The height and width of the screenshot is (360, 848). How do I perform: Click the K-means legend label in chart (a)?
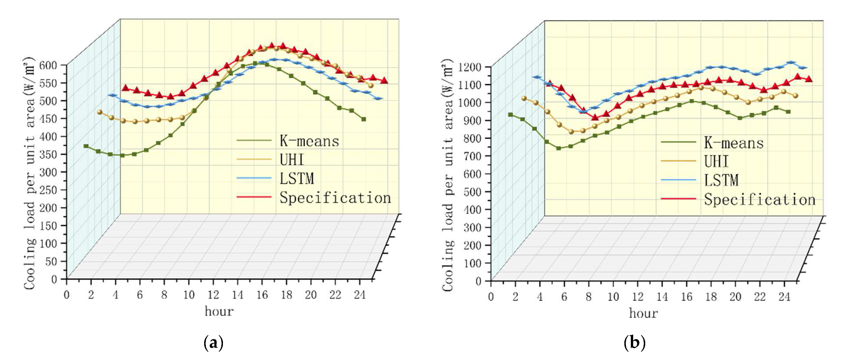point(309,141)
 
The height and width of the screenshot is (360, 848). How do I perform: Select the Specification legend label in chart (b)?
point(759,200)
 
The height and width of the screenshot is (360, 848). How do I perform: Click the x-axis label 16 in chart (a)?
point(262,295)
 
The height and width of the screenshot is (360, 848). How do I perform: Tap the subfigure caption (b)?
point(634,343)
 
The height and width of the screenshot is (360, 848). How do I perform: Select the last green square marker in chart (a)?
point(363,119)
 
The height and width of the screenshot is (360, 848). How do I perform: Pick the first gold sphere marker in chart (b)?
point(524,98)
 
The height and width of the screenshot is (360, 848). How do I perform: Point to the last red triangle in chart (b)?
point(809,79)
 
